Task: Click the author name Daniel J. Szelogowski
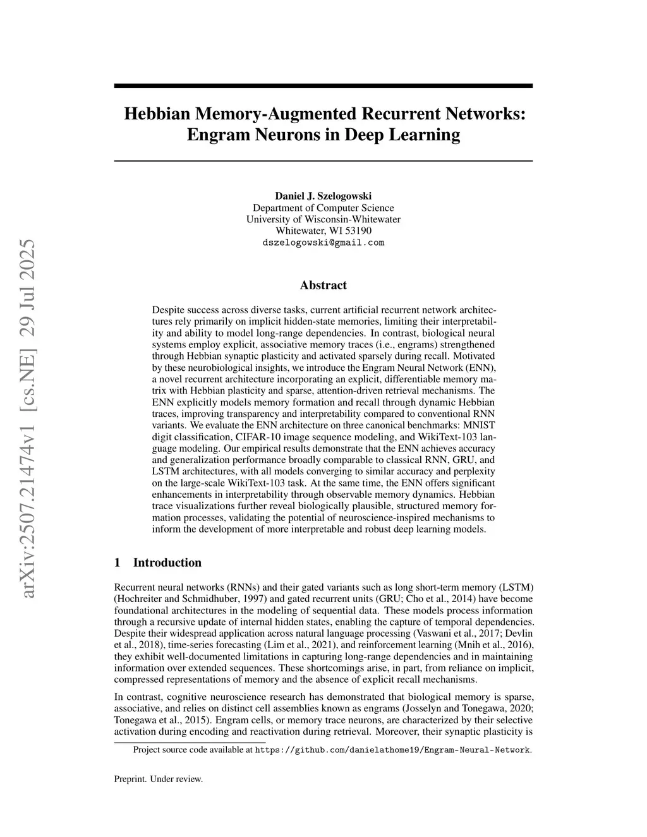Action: point(323,196)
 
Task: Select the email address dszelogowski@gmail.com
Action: point(323,243)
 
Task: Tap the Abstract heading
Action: point(323,286)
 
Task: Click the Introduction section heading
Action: point(167,563)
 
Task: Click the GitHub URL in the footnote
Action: point(392,750)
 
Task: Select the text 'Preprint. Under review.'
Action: point(159,779)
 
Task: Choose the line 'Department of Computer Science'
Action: point(323,208)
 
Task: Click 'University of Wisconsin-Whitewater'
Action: point(323,219)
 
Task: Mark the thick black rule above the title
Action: point(323,85)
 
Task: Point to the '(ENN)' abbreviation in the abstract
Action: point(483,368)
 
